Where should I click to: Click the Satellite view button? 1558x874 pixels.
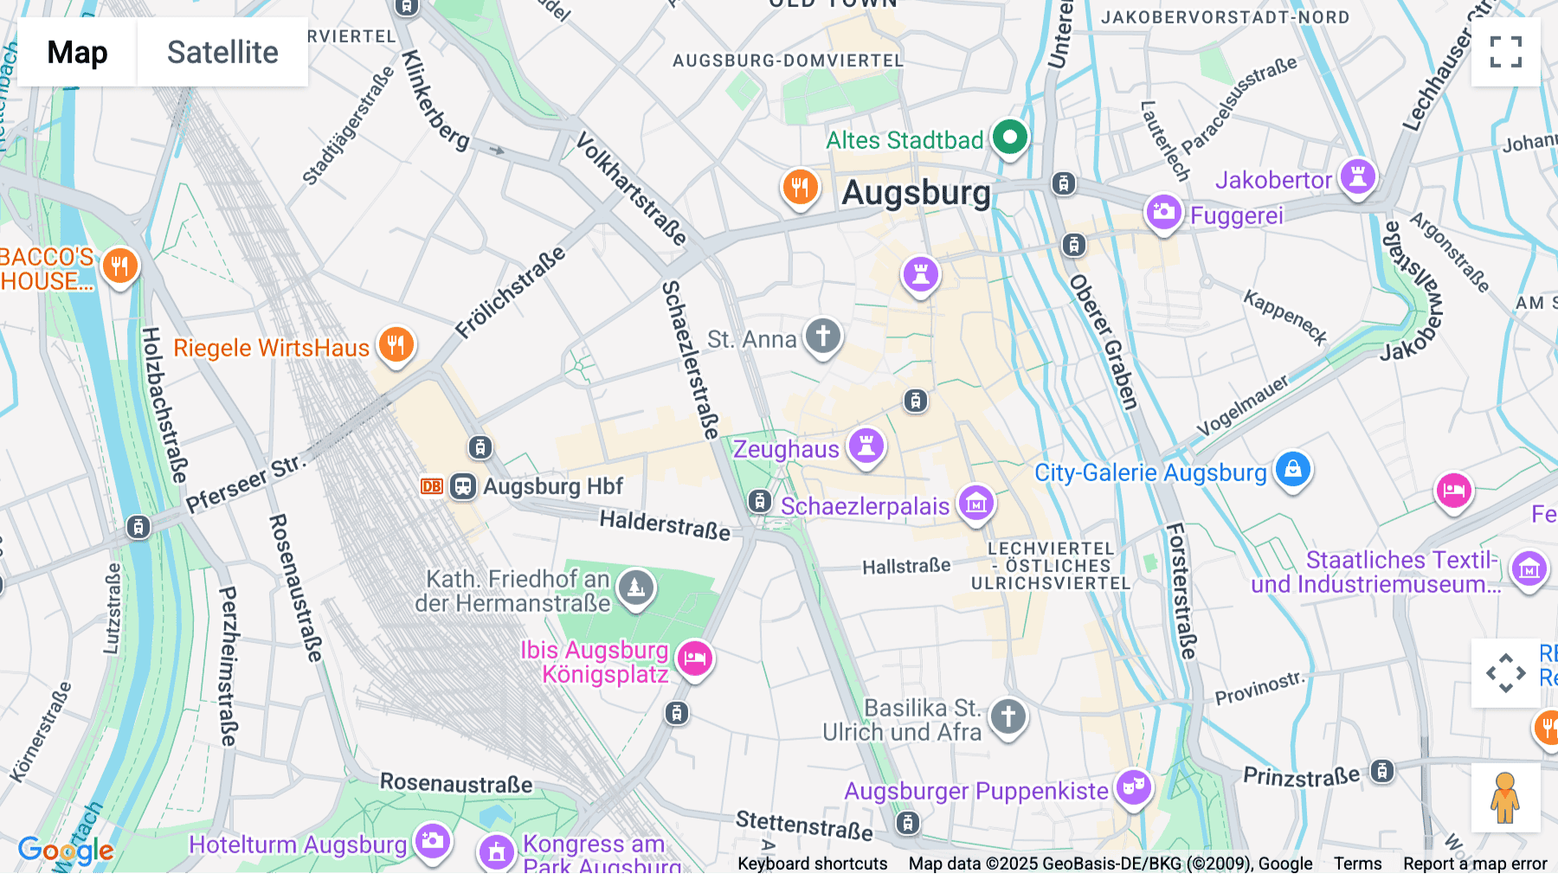[x=222, y=52]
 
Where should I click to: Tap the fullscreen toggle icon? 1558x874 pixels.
[x=1505, y=52]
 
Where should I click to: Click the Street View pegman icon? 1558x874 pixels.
[x=1505, y=797]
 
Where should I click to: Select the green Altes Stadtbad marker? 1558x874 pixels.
[x=1009, y=137]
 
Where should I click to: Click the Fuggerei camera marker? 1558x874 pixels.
[x=1163, y=211]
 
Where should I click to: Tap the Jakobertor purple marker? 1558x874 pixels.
[x=1357, y=177]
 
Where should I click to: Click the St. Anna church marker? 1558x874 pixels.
[x=822, y=335]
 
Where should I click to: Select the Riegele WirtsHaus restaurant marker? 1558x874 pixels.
[x=396, y=344]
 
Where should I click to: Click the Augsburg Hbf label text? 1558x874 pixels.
[x=553, y=486]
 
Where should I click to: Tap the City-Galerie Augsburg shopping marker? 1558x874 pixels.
[x=1292, y=469]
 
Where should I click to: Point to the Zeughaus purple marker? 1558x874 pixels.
[x=866, y=446]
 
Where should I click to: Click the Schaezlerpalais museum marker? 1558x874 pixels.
[x=975, y=502]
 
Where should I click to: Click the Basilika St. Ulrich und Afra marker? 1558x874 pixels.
[x=1008, y=717]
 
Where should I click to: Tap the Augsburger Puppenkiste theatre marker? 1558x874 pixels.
[x=1133, y=787]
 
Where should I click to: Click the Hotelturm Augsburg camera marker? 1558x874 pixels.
[x=432, y=840]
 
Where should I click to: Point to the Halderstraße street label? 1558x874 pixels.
[x=665, y=524]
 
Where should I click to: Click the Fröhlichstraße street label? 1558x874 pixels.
[x=511, y=292]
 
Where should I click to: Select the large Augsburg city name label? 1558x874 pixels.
[x=916, y=193]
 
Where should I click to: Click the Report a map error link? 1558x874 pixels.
[x=1475, y=864]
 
